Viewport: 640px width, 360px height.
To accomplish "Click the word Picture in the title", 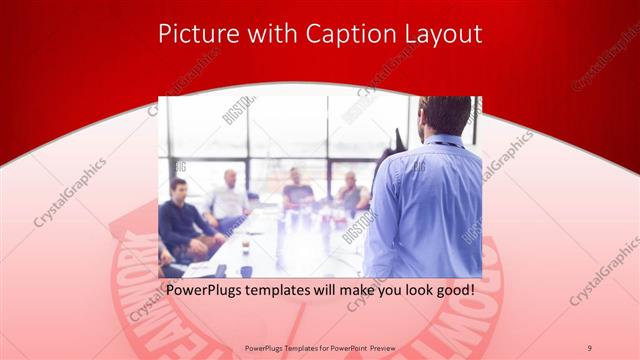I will tap(193, 35).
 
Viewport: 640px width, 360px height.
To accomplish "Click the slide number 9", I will tap(589, 347).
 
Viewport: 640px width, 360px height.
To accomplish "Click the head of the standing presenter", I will tap(446, 115).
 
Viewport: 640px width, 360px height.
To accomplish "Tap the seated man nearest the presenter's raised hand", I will tap(350, 195).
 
